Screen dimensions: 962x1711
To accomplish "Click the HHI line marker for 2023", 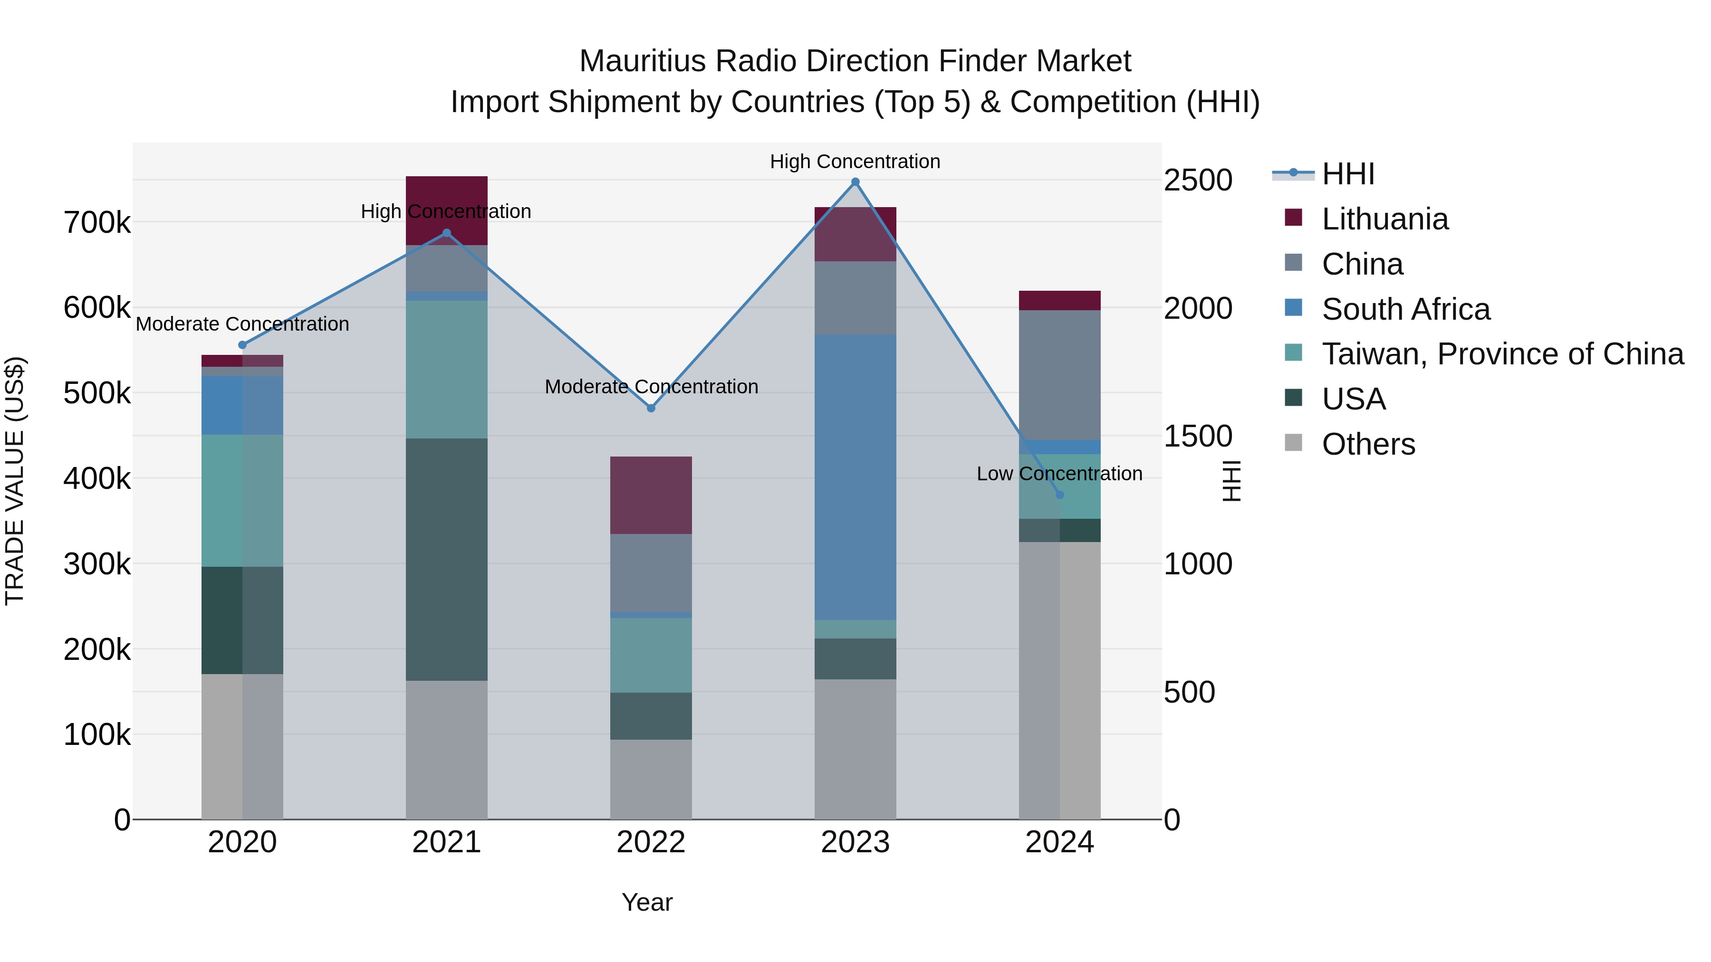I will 855,182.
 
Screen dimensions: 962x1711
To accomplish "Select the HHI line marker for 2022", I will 651,408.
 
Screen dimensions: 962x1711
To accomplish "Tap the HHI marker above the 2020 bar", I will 242,345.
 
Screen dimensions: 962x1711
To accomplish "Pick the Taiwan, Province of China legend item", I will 1502,354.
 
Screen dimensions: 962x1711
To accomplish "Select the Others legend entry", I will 1368,444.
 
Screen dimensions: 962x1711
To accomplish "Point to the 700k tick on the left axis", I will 97,223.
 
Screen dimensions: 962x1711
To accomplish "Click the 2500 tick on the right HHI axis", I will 1198,181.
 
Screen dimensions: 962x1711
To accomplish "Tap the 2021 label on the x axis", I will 446,842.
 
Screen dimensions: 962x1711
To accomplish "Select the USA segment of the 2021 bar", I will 446,559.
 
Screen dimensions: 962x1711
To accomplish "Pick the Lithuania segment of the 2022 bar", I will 651,495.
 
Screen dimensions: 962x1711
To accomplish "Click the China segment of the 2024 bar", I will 1059,375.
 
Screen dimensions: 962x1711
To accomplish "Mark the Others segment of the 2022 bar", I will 651,780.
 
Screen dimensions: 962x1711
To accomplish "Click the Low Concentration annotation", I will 1059,474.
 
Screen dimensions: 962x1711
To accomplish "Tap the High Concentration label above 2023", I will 855,162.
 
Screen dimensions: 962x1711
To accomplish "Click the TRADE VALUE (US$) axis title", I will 15,481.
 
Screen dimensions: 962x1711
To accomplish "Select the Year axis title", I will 647,903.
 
